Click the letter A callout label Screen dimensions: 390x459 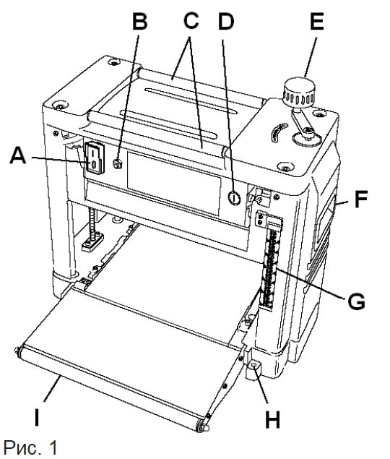18,155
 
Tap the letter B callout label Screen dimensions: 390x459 139,21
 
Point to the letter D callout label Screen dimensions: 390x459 226,22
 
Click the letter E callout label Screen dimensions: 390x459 317,22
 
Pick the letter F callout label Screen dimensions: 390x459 360,199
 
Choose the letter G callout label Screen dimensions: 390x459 356,301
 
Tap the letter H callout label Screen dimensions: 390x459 272,419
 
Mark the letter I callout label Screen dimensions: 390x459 37,418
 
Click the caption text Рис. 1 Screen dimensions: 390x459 30,447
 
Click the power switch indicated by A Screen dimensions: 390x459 94,158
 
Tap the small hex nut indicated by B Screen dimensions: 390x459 118,164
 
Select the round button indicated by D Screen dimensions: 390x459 234,198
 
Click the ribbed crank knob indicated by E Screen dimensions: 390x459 299,91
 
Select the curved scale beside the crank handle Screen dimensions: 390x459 277,132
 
